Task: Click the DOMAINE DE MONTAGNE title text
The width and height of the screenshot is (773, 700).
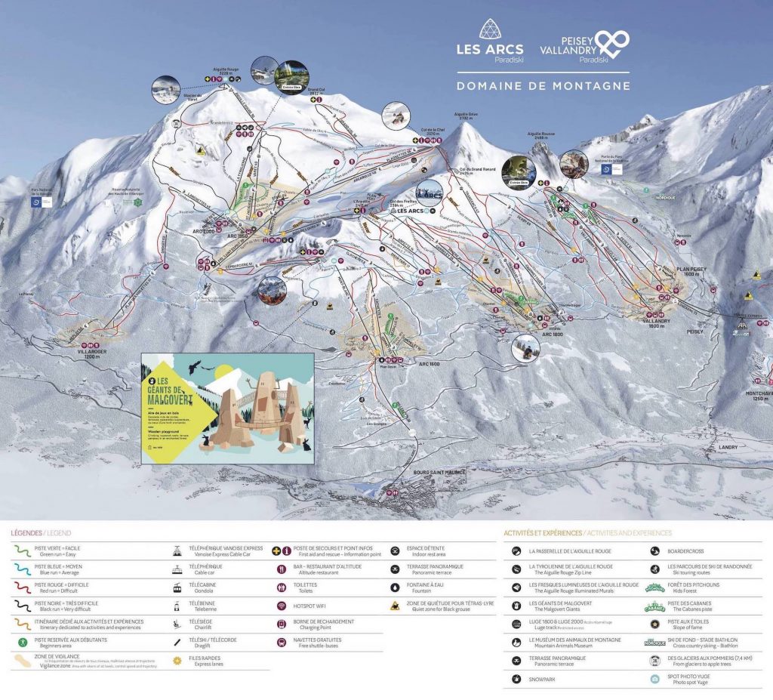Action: [543, 86]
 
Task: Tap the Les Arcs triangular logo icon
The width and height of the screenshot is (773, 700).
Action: [490, 29]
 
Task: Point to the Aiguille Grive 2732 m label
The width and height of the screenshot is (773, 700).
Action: [466, 117]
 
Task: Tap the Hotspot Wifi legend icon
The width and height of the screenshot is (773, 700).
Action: [280, 606]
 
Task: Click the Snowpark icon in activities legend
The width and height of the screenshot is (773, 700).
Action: [516, 679]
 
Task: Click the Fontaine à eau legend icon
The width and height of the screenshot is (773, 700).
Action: [396, 587]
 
